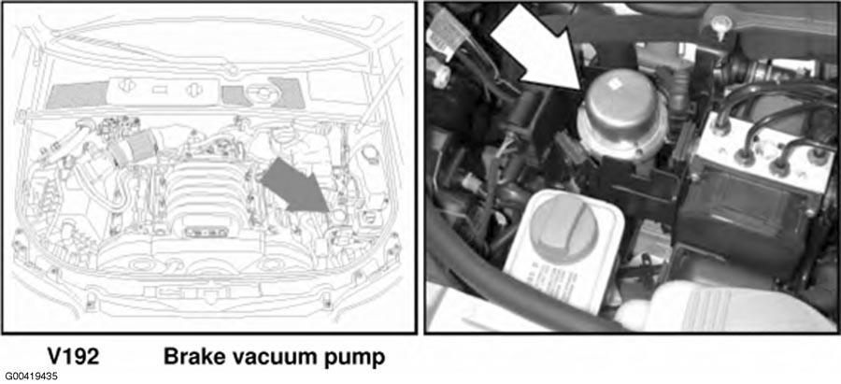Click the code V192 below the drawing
(73, 357)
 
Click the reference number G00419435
(32, 377)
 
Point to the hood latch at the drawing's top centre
(233, 69)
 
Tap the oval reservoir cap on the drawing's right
(369, 153)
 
